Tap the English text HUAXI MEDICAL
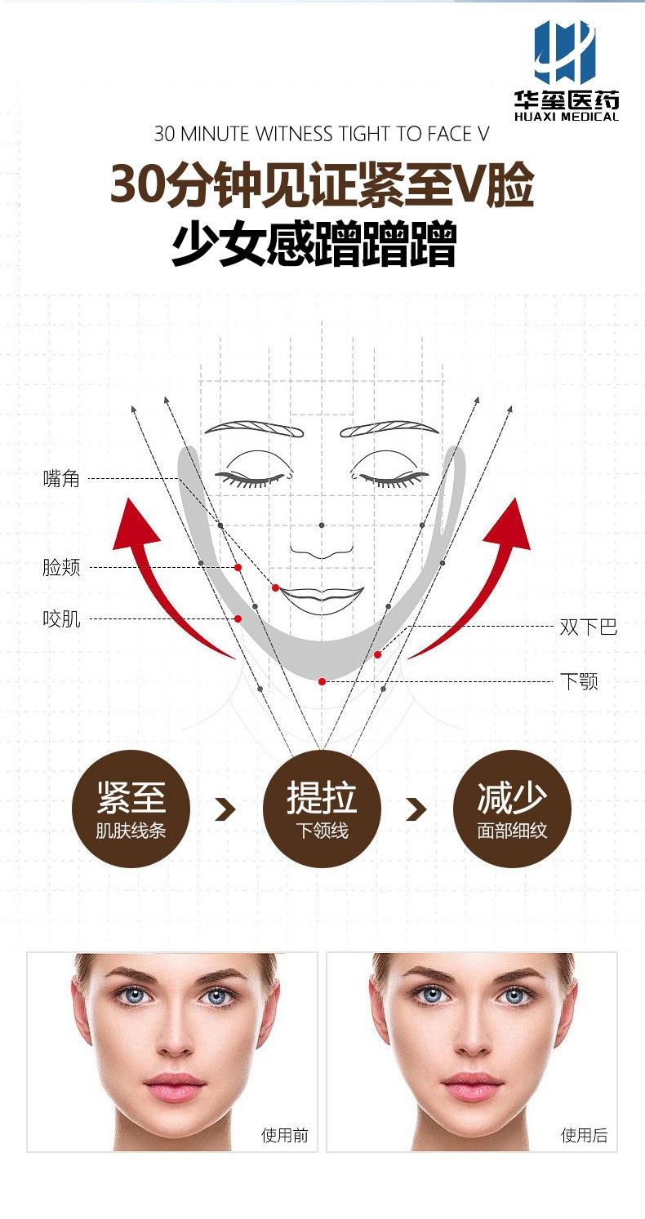tap(567, 116)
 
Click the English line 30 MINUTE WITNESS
tap(322, 134)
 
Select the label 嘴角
tap(61, 479)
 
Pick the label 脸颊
tap(61, 567)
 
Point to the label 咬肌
tap(61, 619)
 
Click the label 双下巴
tap(588, 627)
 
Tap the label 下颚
tap(579, 681)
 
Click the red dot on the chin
tap(322, 681)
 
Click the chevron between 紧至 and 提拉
tap(225, 809)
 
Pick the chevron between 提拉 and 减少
tap(416, 809)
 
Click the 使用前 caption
tap(284, 1135)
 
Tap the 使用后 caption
tap(584, 1135)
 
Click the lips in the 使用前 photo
tap(173, 1086)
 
